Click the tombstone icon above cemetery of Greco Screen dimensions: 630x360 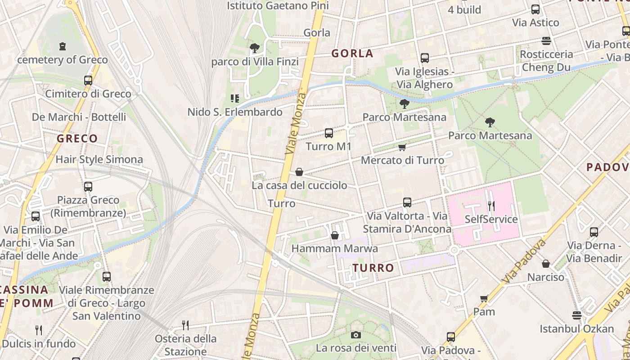[x=63, y=46]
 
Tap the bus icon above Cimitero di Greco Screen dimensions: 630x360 [x=88, y=81]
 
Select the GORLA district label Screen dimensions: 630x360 [x=352, y=54]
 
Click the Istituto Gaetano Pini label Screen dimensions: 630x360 [x=278, y=6]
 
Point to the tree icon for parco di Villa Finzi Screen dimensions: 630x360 [x=255, y=48]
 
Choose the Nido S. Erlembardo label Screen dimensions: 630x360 [x=235, y=112]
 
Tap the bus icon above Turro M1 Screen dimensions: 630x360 [x=329, y=133]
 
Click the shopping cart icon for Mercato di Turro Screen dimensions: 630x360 [x=402, y=147]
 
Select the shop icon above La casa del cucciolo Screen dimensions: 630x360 [x=299, y=172]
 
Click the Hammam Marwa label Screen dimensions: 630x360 [x=334, y=248]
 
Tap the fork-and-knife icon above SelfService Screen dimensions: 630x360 [x=491, y=206]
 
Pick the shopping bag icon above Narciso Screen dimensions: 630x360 [x=546, y=264]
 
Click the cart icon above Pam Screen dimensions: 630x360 [x=484, y=298]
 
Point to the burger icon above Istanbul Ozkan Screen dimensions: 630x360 [x=577, y=315]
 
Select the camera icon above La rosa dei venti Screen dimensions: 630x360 [x=356, y=335]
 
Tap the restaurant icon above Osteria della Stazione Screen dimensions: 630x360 [x=185, y=325]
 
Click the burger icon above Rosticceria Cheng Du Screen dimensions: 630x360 [x=546, y=41]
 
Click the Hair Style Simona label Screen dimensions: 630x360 [x=99, y=159]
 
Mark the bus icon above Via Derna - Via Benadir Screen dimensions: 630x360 [x=594, y=232]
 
